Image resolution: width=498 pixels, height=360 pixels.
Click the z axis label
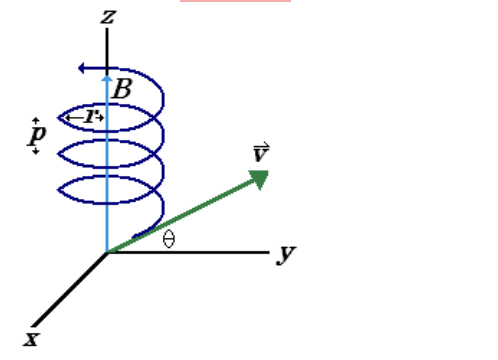point(107,18)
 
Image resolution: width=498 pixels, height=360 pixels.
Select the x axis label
point(31,339)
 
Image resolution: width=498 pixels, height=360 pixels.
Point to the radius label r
point(89,117)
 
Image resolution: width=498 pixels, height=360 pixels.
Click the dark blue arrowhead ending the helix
point(82,68)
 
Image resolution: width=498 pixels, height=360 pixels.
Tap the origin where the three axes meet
point(107,252)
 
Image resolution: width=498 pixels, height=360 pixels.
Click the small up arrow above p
point(36,120)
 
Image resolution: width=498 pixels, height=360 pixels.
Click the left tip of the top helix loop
point(59,117)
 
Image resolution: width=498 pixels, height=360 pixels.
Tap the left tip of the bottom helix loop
point(59,190)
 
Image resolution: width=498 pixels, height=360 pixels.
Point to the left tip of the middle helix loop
point(59,154)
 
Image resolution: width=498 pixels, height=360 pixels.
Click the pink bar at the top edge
point(235,1)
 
